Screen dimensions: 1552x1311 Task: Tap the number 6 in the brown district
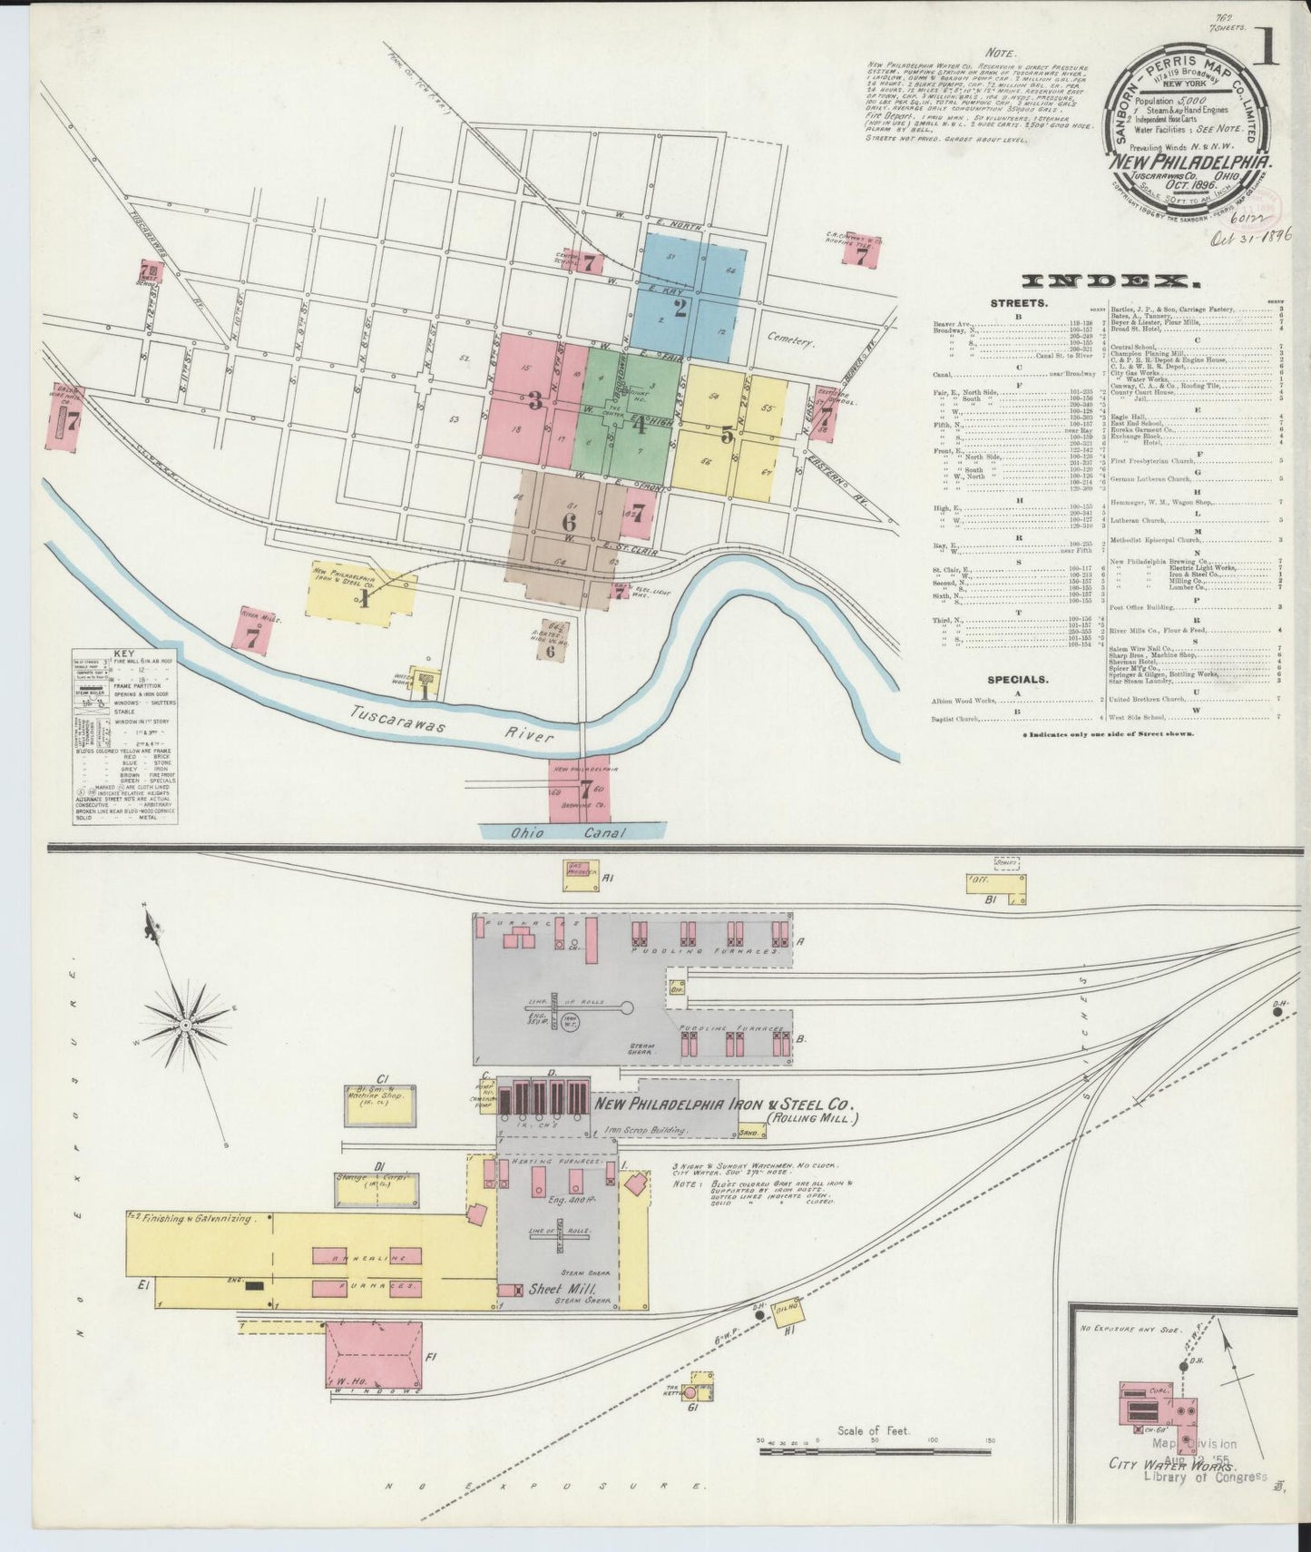click(x=569, y=523)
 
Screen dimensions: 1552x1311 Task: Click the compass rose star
click(x=185, y=1024)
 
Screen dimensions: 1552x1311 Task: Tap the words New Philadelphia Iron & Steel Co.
click(x=723, y=1105)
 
